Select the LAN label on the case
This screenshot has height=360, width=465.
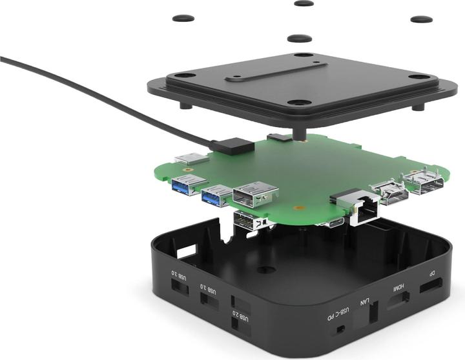point(365,302)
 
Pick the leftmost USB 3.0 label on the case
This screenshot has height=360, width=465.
point(179,275)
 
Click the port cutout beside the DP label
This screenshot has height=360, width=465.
point(431,285)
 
